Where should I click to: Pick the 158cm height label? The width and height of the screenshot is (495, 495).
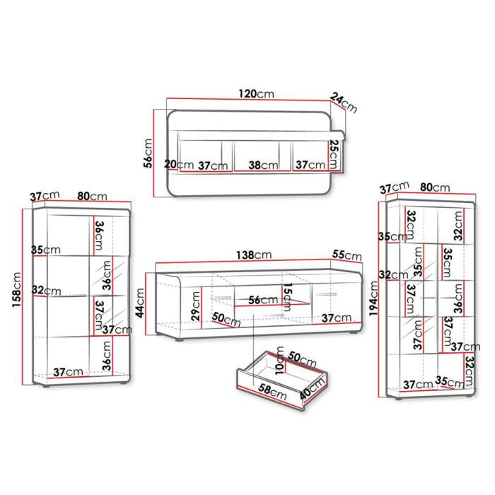[x=17, y=291]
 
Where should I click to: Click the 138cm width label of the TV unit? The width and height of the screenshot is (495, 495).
[x=254, y=255]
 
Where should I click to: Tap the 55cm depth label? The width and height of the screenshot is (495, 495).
[x=346, y=255]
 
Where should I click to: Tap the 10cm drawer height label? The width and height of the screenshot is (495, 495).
[x=280, y=363]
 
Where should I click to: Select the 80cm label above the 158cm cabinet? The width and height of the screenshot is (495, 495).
[x=92, y=196]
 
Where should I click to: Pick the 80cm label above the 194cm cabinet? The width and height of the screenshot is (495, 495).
[x=434, y=187]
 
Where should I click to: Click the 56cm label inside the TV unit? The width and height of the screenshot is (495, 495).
[x=261, y=300]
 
